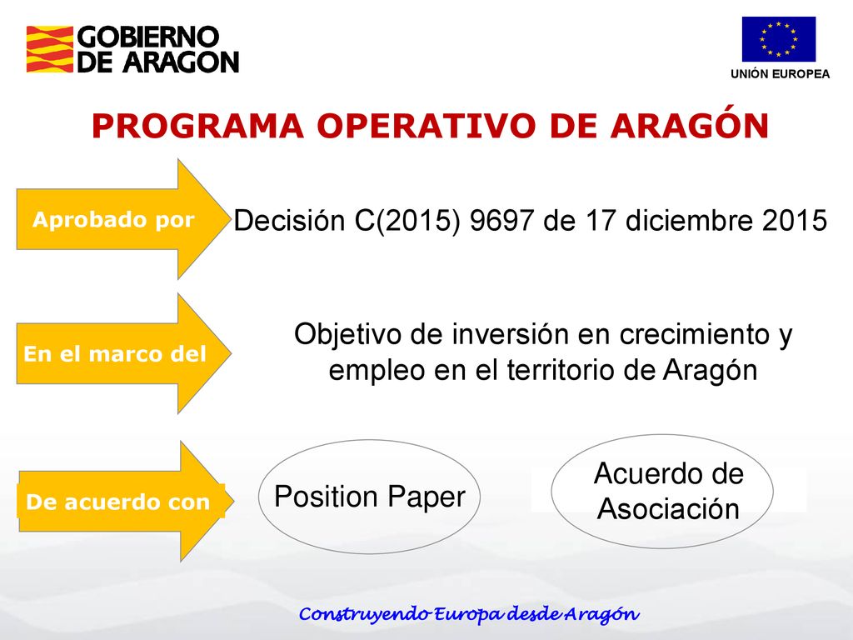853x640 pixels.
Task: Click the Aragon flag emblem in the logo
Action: coord(49,49)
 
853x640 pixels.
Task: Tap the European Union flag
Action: coord(779,39)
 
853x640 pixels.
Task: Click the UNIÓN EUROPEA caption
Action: coord(780,74)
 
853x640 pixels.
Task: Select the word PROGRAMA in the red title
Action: coord(197,126)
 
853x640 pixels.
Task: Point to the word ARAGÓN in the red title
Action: coord(689,124)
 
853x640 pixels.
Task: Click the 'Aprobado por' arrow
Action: coord(123,219)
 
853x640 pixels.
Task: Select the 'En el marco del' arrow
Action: coord(123,353)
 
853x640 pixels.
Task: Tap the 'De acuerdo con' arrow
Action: coord(127,501)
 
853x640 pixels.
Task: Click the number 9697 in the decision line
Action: coord(502,220)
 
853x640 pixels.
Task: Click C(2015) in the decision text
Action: coord(407,221)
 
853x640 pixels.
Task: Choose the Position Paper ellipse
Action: coord(369,497)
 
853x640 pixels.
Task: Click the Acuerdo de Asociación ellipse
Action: coord(662,491)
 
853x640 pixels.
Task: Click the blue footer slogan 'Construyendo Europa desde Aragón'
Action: coord(469,614)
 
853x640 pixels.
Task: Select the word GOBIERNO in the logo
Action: coord(148,37)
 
